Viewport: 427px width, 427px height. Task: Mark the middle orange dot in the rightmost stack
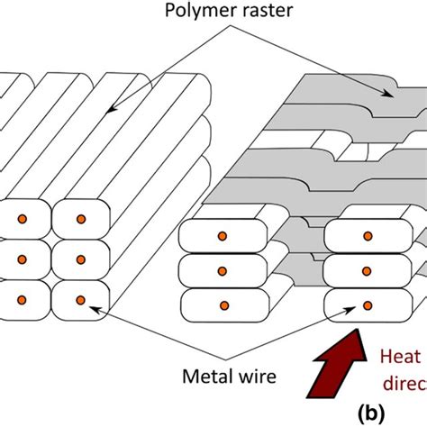point(367,269)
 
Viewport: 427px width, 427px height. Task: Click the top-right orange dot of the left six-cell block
point(80,220)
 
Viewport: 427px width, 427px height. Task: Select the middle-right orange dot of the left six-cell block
point(80,259)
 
